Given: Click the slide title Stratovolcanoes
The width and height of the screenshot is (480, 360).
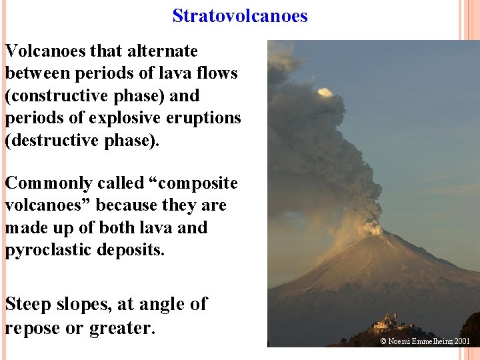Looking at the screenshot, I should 240,15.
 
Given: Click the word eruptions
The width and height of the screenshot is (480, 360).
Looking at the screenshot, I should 206,118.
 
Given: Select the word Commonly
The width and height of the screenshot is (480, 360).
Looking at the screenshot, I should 42,183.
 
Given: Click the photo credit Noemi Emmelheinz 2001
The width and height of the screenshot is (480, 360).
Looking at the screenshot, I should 425,341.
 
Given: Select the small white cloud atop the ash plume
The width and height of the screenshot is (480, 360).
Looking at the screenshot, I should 325,92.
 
